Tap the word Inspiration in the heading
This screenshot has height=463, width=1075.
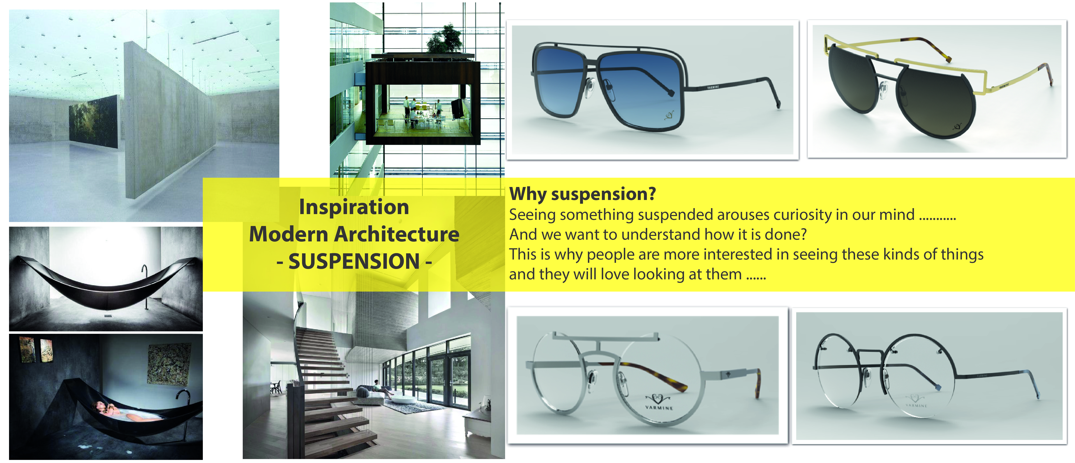pyautogui.click(x=354, y=207)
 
